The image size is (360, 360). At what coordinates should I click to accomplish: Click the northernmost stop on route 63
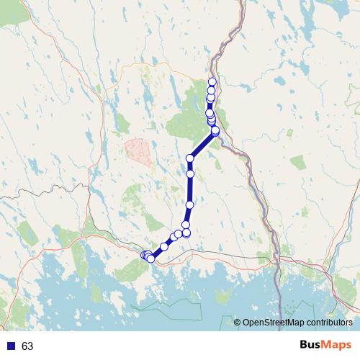[212, 81]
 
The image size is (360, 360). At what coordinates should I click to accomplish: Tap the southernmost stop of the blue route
[150, 259]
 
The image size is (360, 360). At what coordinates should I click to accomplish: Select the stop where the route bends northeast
[191, 158]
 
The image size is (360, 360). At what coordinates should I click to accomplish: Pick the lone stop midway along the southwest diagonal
[164, 246]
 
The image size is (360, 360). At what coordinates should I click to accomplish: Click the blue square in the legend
[10, 346]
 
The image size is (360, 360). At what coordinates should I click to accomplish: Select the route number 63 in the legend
[27, 346]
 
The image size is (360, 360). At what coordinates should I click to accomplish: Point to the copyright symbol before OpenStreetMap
[237, 323]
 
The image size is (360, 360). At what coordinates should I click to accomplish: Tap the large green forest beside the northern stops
[189, 115]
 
